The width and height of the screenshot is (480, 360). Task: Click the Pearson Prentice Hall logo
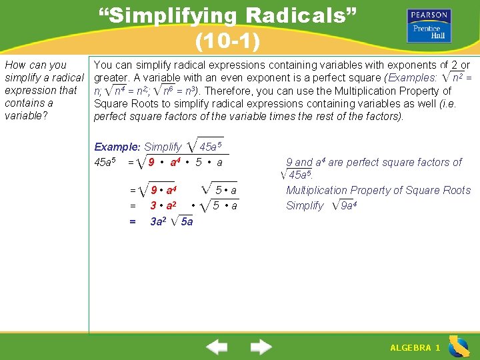[x=429, y=26]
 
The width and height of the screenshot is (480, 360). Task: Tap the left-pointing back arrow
[x=216, y=347]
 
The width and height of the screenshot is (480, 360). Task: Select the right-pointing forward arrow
[x=261, y=347]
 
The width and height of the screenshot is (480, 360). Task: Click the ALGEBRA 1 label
[x=415, y=348]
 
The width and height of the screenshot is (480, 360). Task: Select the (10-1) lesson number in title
[x=227, y=41]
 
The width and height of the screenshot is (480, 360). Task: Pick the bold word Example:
[x=117, y=147]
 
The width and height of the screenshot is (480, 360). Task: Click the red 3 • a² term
[x=163, y=206]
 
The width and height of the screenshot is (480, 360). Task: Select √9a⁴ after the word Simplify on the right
[x=345, y=205]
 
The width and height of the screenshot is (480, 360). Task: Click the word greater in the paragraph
[x=111, y=78]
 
